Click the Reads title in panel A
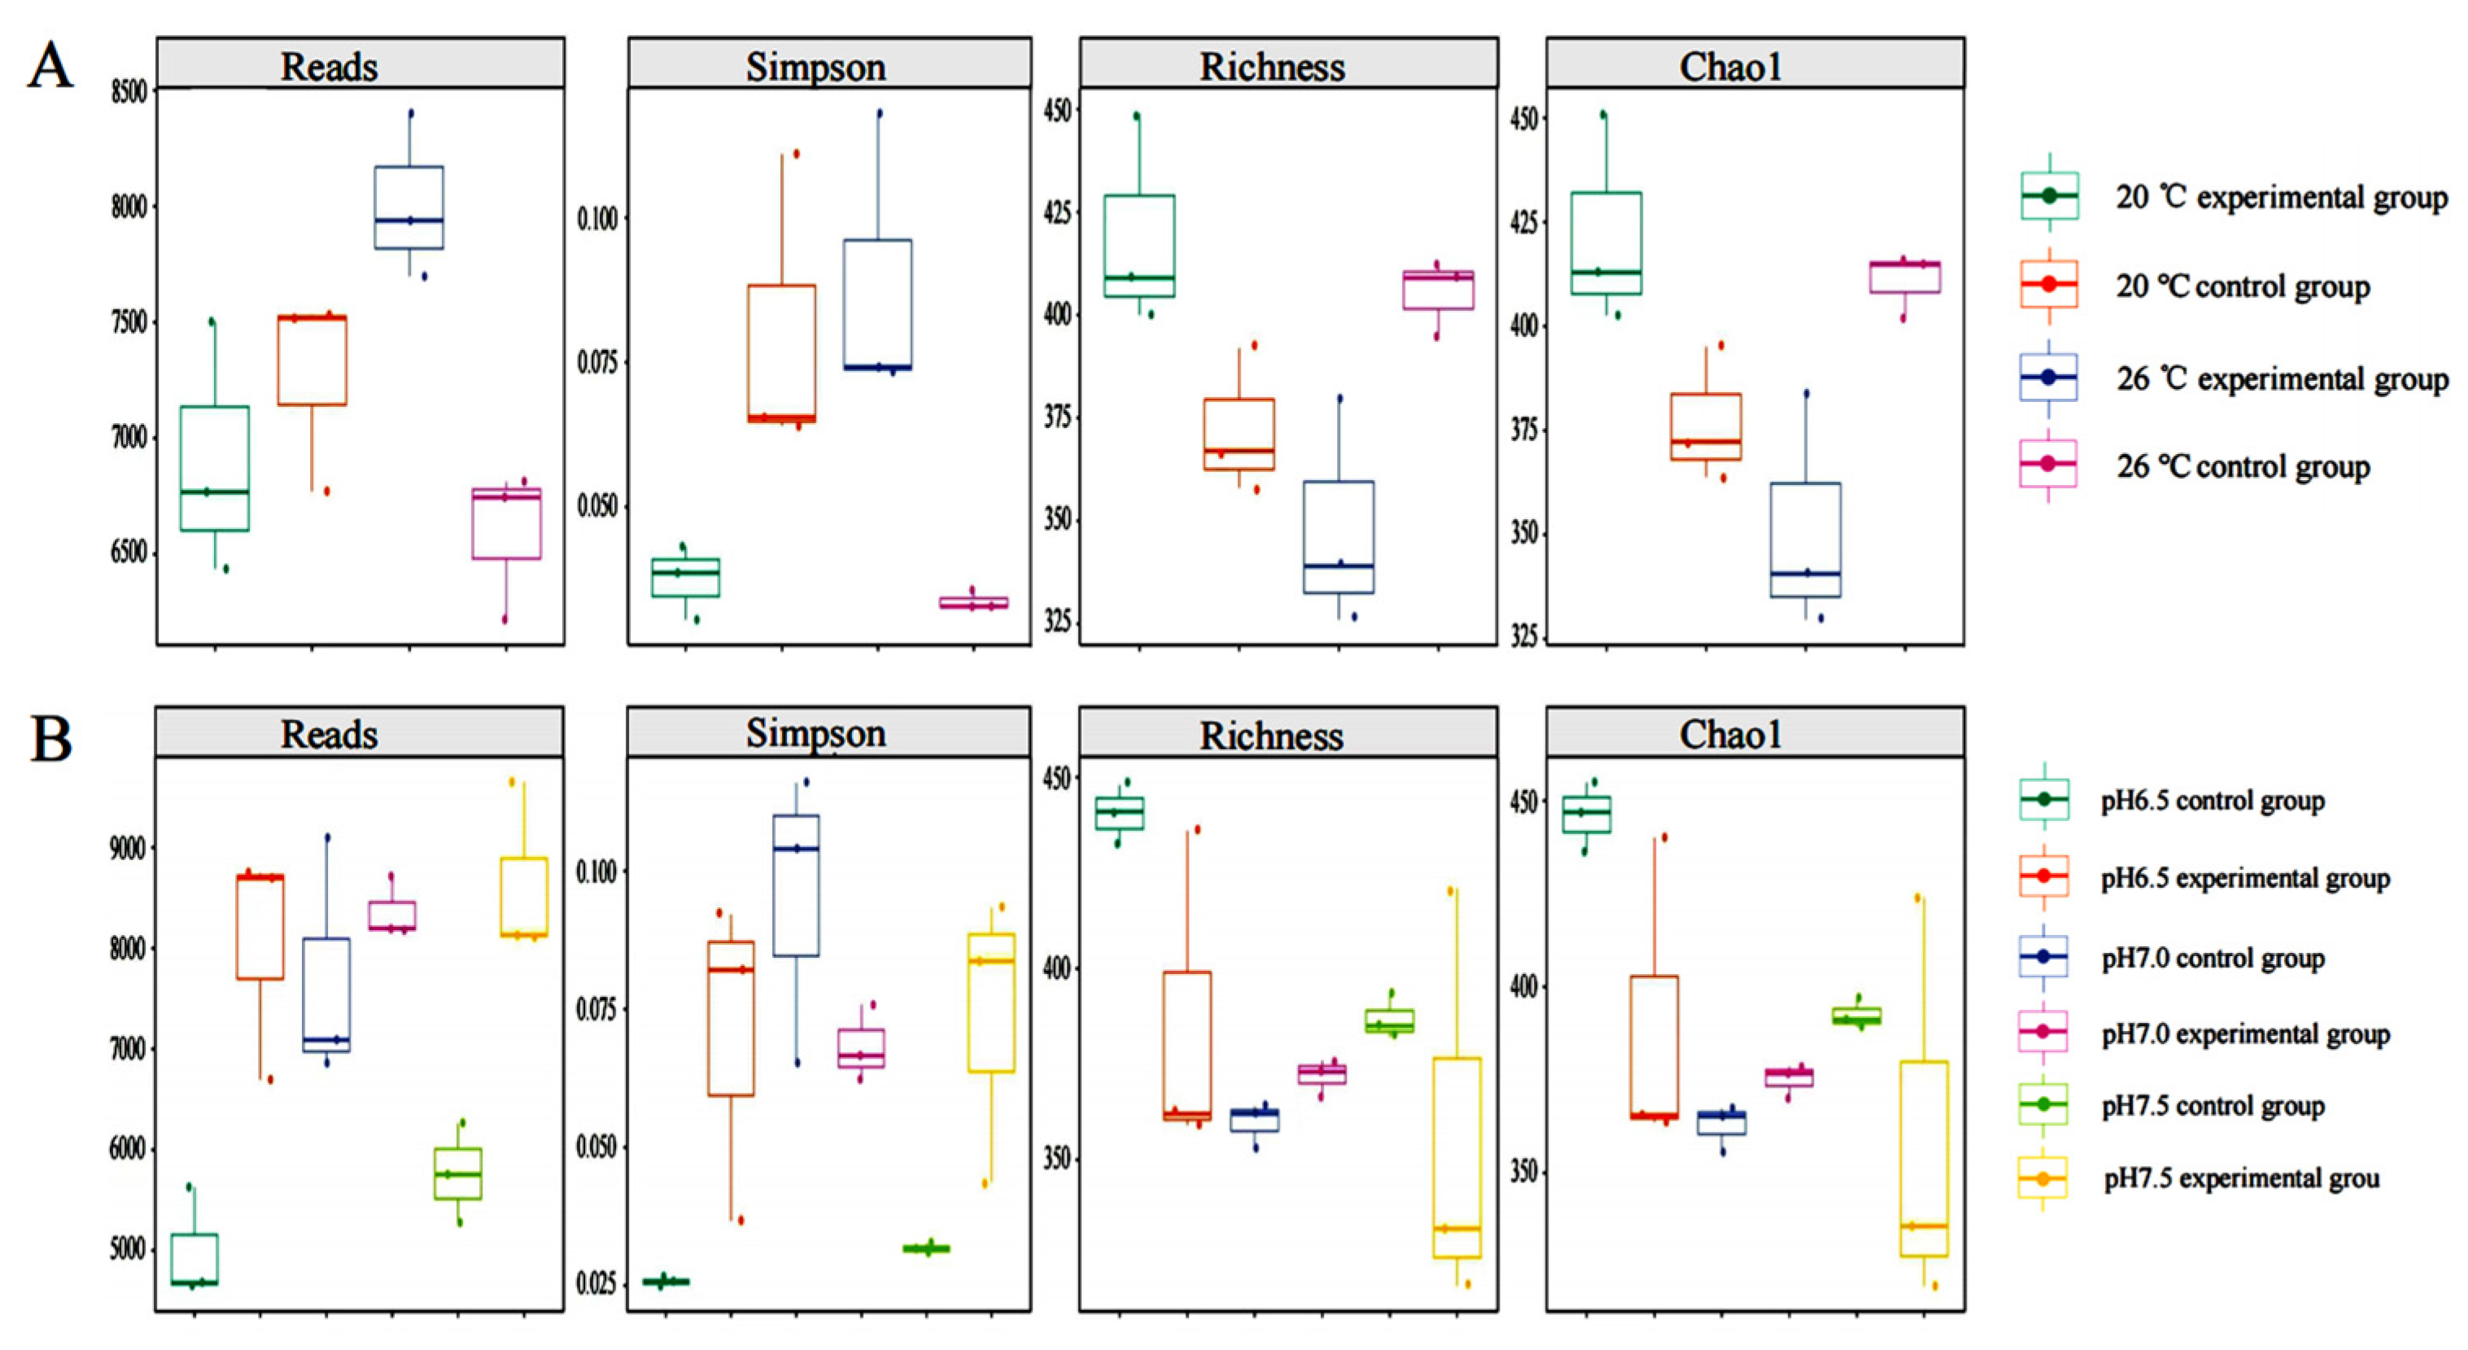pyautogui.click(x=329, y=66)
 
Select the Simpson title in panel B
pyautogui.click(x=815, y=733)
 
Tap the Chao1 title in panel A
pyautogui.click(x=1730, y=66)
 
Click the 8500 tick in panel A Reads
pyautogui.click(x=129, y=92)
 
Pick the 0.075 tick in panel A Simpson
pyautogui.click(x=597, y=362)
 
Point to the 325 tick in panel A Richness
pyautogui.click(x=1058, y=622)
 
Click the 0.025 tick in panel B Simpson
pyautogui.click(x=595, y=1283)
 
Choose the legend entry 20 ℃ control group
pyautogui.click(x=2242, y=286)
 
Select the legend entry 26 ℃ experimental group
pyautogui.click(x=2280, y=378)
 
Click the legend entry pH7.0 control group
pyautogui.click(x=2212, y=957)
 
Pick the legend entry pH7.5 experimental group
pyautogui.click(x=2241, y=1177)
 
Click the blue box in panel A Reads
pyautogui.click(x=409, y=207)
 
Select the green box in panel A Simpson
pyautogui.click(x=686, y=577)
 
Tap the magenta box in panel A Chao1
pyautogui.click(x=1905, y=277)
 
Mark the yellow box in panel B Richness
pyautogui.click(x=1457, y=1157)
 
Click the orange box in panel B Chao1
pyautogui.click(x=1654, y=1046)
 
